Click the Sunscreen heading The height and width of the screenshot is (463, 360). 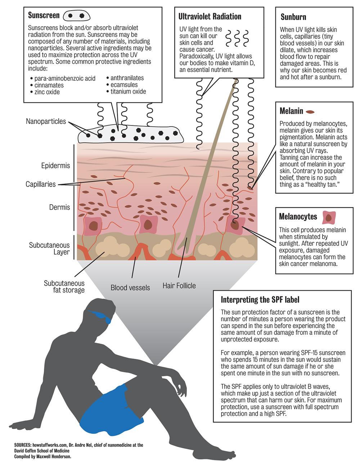point(44,15)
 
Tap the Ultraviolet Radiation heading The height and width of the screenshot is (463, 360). point(210,17)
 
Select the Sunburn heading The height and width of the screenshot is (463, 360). point(293,17)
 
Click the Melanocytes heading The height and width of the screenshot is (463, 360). point(298,217)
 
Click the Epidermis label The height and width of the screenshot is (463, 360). point(55,166)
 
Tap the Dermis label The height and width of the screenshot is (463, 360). point(59,208)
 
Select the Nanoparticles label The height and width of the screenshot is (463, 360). point(46,121)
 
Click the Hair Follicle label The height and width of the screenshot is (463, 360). point(179,286)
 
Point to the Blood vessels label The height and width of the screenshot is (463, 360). point(130,288)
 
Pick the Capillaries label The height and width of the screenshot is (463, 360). point(41,184)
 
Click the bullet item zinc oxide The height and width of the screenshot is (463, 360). point(47,92)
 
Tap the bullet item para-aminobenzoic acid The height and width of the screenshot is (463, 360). point(65,79)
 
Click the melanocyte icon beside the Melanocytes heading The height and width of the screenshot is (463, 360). point(329,217)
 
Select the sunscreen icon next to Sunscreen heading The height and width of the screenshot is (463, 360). point(76,16)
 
